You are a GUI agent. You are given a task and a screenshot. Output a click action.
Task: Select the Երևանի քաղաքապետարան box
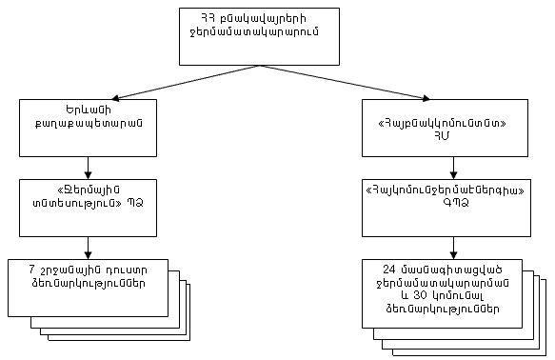tap(88, 128)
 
